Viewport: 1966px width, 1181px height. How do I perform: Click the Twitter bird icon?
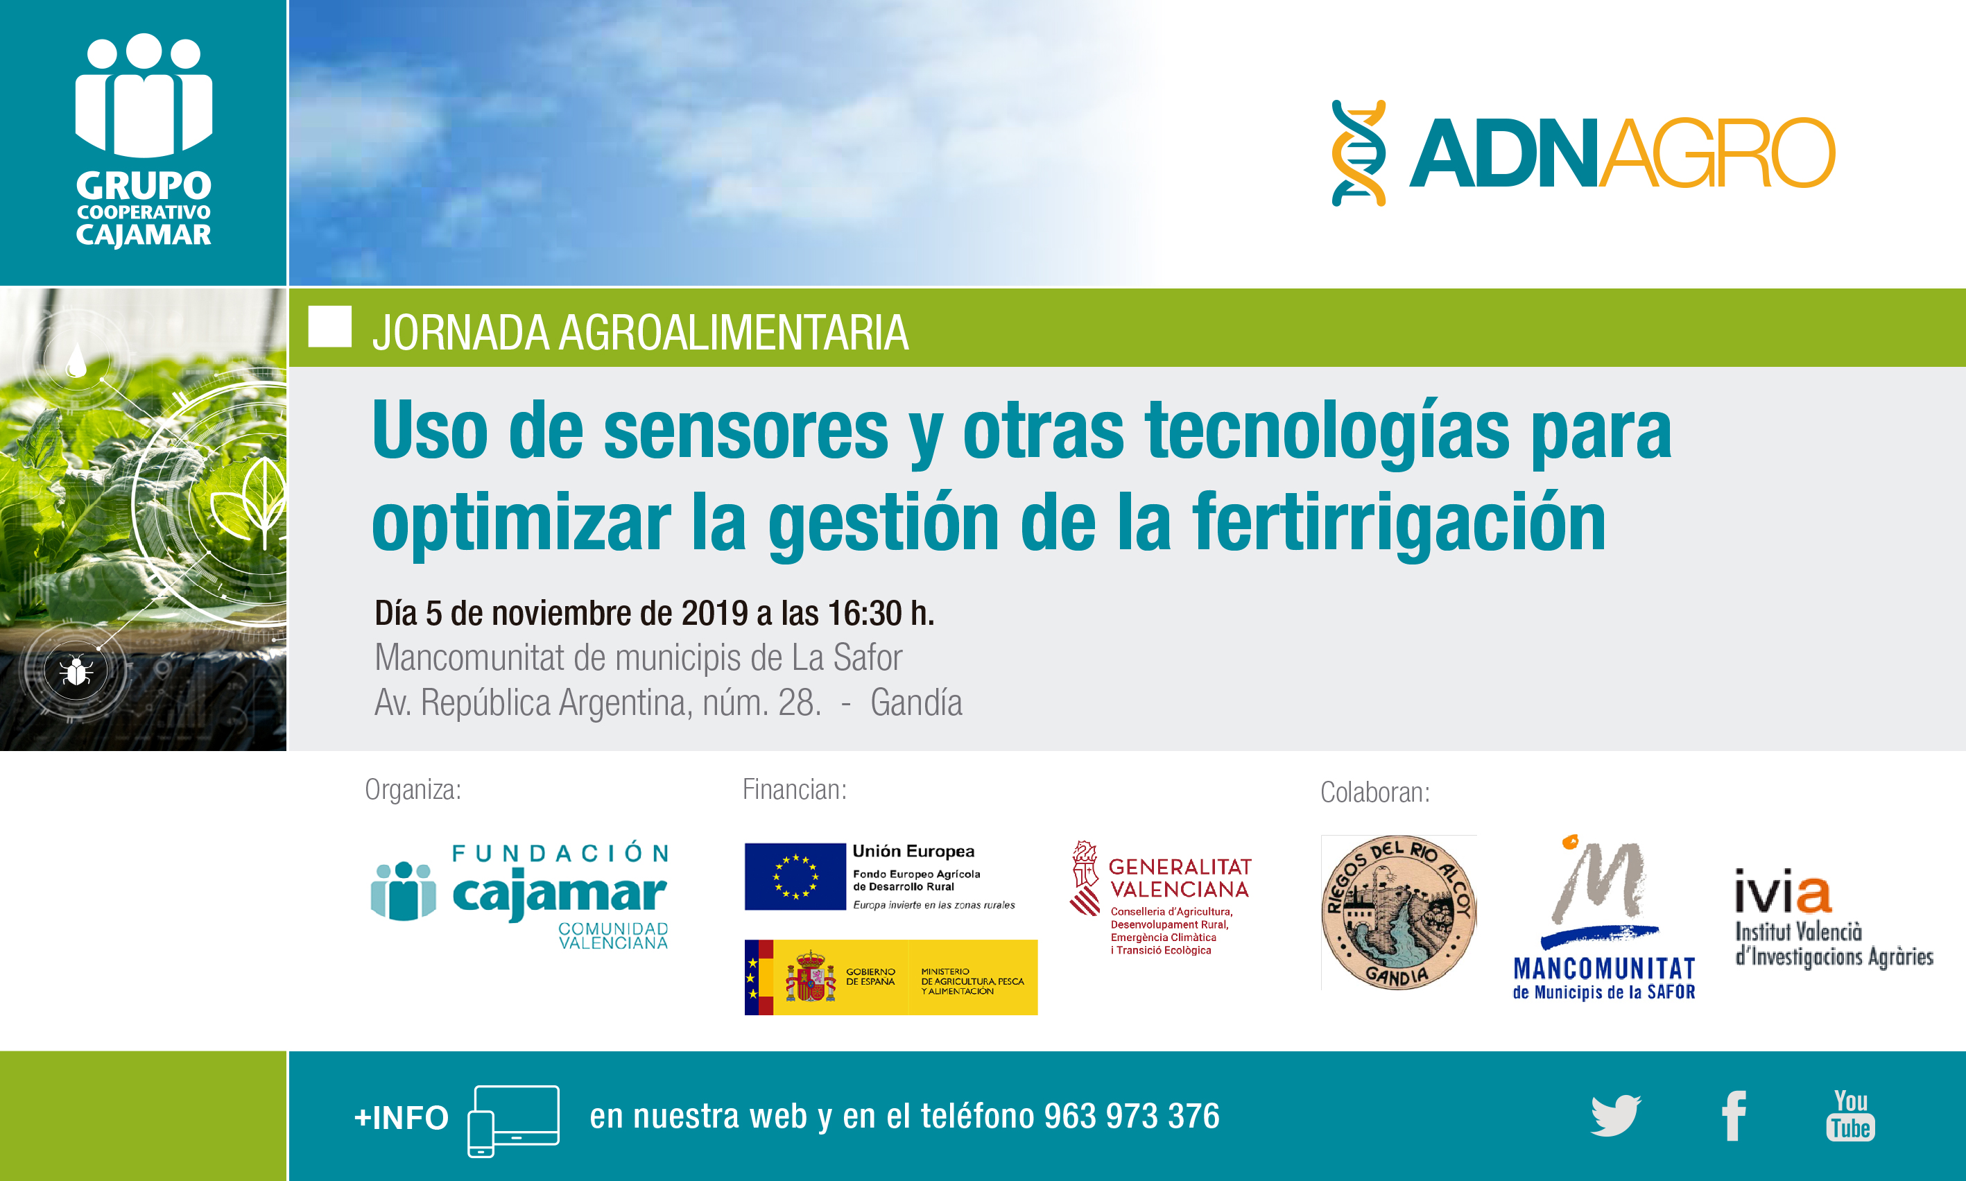(1615, 1115)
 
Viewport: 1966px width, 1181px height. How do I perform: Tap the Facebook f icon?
(1734, 1116)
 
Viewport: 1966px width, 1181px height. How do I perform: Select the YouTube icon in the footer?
(1851, 1115)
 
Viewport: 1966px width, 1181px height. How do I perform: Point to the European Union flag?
(795, 876)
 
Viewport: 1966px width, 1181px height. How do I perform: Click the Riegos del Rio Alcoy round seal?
(1399, 912)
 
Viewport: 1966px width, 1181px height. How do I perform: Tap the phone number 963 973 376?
(1131, 1116)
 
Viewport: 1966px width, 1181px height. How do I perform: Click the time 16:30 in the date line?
(865, 613)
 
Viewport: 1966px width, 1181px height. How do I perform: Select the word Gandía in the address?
(917, 702)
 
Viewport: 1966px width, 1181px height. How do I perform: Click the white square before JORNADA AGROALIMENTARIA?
(330, 327)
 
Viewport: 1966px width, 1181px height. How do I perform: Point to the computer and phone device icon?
(513, 1121)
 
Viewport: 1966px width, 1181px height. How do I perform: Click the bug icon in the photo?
(76, 670)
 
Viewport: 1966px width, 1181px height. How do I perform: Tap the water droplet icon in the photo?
(76, 360)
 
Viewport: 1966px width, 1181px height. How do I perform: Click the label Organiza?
(413, 789)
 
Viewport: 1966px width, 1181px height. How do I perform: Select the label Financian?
(795, 789)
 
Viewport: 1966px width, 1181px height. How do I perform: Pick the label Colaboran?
(1376, 793)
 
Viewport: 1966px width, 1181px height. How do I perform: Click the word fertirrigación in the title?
(1399, 521)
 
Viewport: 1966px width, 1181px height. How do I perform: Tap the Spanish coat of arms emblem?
(811, 976)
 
